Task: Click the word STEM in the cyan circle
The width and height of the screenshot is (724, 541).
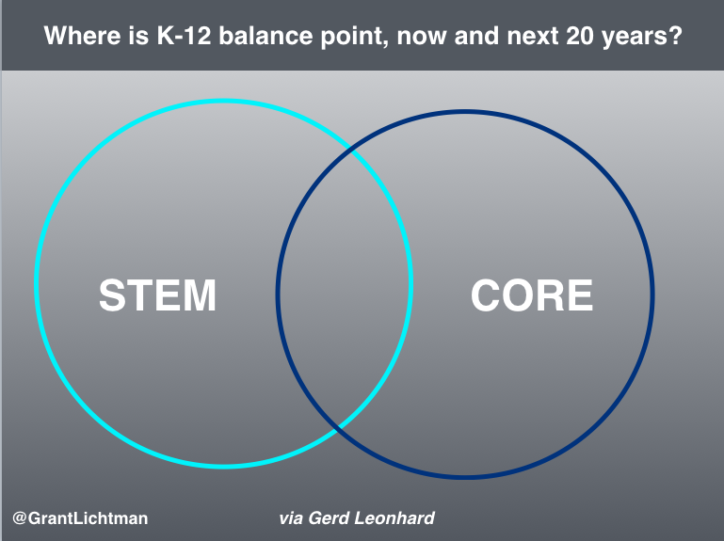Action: coord(157,295)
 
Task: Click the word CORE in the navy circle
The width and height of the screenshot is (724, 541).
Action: coord(531,295)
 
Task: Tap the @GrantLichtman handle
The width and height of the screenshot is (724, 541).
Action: coord(80,518)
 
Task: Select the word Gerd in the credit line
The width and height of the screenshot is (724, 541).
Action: coord(328,518)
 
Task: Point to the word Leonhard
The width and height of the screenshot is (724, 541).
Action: coord(394,518)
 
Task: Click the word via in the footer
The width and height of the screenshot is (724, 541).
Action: coord(291,518)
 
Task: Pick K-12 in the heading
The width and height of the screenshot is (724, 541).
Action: coord(184,36)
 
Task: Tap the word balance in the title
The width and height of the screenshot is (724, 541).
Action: coord(265,36)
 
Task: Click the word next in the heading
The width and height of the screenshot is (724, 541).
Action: coord(532,37)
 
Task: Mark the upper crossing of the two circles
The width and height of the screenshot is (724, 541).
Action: coord(352,150)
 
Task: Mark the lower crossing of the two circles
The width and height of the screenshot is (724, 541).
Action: coord(339,427)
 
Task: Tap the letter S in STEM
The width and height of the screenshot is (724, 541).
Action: coord(113,295)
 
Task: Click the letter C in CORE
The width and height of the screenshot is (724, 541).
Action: coord(485,295)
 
